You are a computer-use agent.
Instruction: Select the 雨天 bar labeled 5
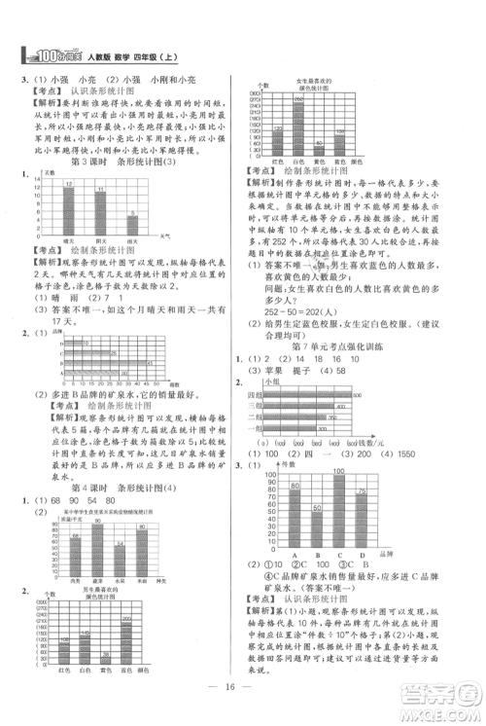tap(133, 226)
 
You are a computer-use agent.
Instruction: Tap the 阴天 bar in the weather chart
tap(101, 216)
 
